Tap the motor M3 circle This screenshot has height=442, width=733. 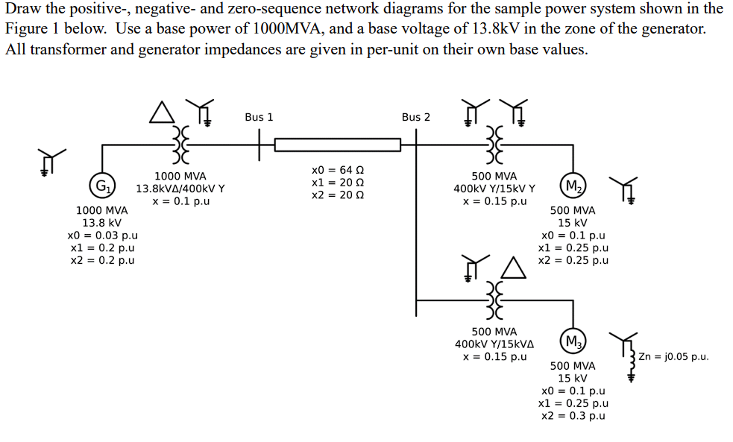tap(573, 342)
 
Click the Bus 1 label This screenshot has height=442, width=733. tap(259, 117)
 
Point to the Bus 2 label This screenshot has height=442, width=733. tap(415, 117)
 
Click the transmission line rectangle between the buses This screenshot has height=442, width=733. tap(338, 144)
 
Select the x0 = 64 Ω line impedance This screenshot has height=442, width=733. tap(338, 170)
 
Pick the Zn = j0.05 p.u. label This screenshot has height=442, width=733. tap(673, 356)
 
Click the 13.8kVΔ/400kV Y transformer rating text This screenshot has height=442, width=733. tap(180, 189)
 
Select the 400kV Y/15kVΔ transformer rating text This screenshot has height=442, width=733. tap(494, 344)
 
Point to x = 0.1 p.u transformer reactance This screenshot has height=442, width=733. tap(180, 201)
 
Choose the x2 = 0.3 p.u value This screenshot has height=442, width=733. tap(573, 415)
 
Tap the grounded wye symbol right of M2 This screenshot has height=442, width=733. tap(624, 191)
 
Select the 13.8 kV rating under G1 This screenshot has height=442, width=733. tap(101, 223)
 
